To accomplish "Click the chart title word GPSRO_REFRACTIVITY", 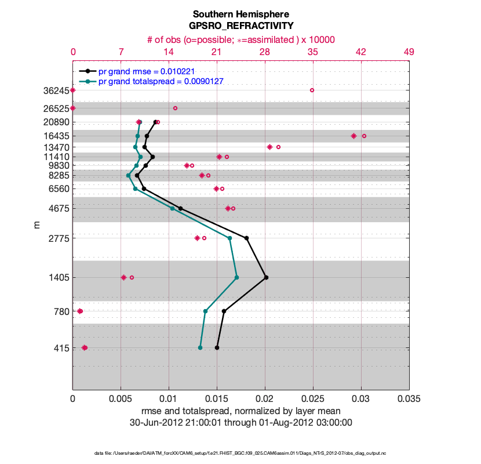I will pos(240,26).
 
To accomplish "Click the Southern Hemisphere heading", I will pos(240,14).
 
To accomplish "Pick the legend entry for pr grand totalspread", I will pos(161,81).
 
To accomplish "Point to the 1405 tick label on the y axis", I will pos(58,278).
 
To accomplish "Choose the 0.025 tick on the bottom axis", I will pos(313,398).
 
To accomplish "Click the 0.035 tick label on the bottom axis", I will pos(409,398).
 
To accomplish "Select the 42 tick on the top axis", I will pos(360,52).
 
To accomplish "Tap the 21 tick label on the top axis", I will pos(217,52).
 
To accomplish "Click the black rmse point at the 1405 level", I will pos(266,278).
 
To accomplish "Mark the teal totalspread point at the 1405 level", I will pos(237,278).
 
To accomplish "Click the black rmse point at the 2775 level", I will pos(247,238).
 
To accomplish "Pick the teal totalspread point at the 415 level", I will pos(200,347).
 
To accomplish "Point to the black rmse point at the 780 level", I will pos(224,311).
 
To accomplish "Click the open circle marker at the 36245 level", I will pos(312,90).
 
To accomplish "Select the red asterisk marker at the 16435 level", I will pos(354,136).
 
